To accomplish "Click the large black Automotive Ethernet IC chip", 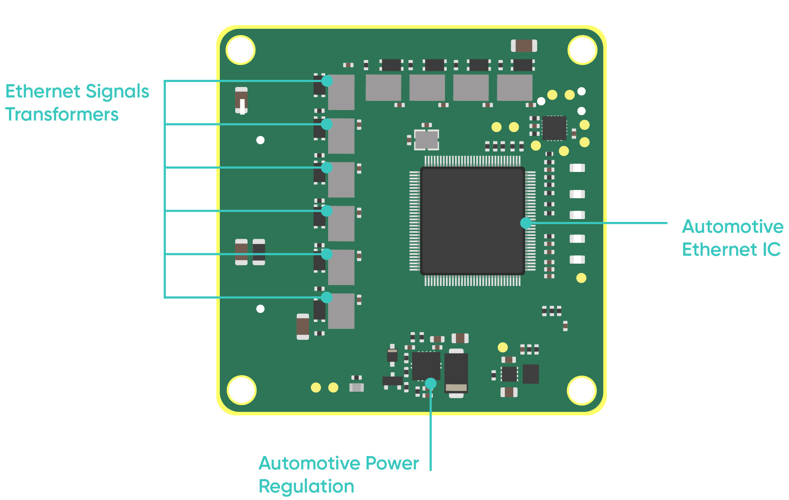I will coord(472,221).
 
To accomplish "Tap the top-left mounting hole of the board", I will coord(240,50).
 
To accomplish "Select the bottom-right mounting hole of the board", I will coord(582,390).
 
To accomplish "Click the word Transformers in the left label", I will coord(62,115).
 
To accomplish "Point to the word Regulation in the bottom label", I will coord(307,486).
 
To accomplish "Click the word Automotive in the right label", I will coord(733,227).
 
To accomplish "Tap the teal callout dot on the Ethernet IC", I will coord(526,223).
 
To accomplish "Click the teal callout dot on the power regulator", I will coord(431,383).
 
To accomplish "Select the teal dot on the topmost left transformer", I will coord(327,81).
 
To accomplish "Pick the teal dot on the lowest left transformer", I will coord(326,297).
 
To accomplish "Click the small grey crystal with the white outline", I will coord(426,140).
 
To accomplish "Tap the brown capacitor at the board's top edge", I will coord(524,46).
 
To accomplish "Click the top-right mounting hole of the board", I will coord(582,50).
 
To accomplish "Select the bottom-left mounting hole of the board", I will coord(241,390).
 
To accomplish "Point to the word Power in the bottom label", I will coord(392,463).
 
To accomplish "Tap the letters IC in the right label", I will coord(771,250).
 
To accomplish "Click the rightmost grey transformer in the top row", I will coord(514,88).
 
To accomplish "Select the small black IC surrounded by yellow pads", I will coord(554,128).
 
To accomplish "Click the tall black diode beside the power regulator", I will coord(456,373).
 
